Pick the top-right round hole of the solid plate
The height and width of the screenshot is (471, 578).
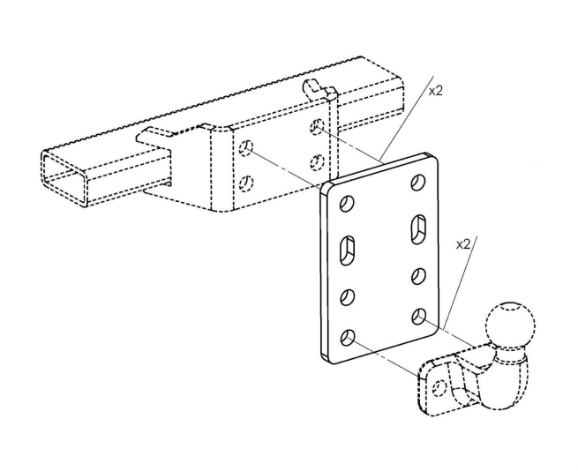pyautogui.click(x=417, y=183)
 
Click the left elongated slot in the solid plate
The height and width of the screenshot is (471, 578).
pyautogui.click(x=347, y=250)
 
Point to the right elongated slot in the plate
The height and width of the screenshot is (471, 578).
pyautogui.click(x=417, y=230)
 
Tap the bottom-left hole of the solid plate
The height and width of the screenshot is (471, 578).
pyautogui.click(x=348, y=335)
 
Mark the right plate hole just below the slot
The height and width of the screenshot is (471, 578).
pyautogui.click(x=417, y=275)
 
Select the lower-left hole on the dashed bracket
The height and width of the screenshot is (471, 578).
pyautogui.click(x=248, y=183)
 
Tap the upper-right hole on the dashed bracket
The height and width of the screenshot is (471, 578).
pyautogui.click(x=315, y=128)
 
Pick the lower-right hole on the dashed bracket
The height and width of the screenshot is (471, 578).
pyautogui.click(x=315, y=162)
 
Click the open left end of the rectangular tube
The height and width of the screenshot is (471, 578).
pyautogui.click(x=64, y=176)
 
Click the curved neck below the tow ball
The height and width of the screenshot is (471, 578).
pyautogui.click(x=504, y=375)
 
